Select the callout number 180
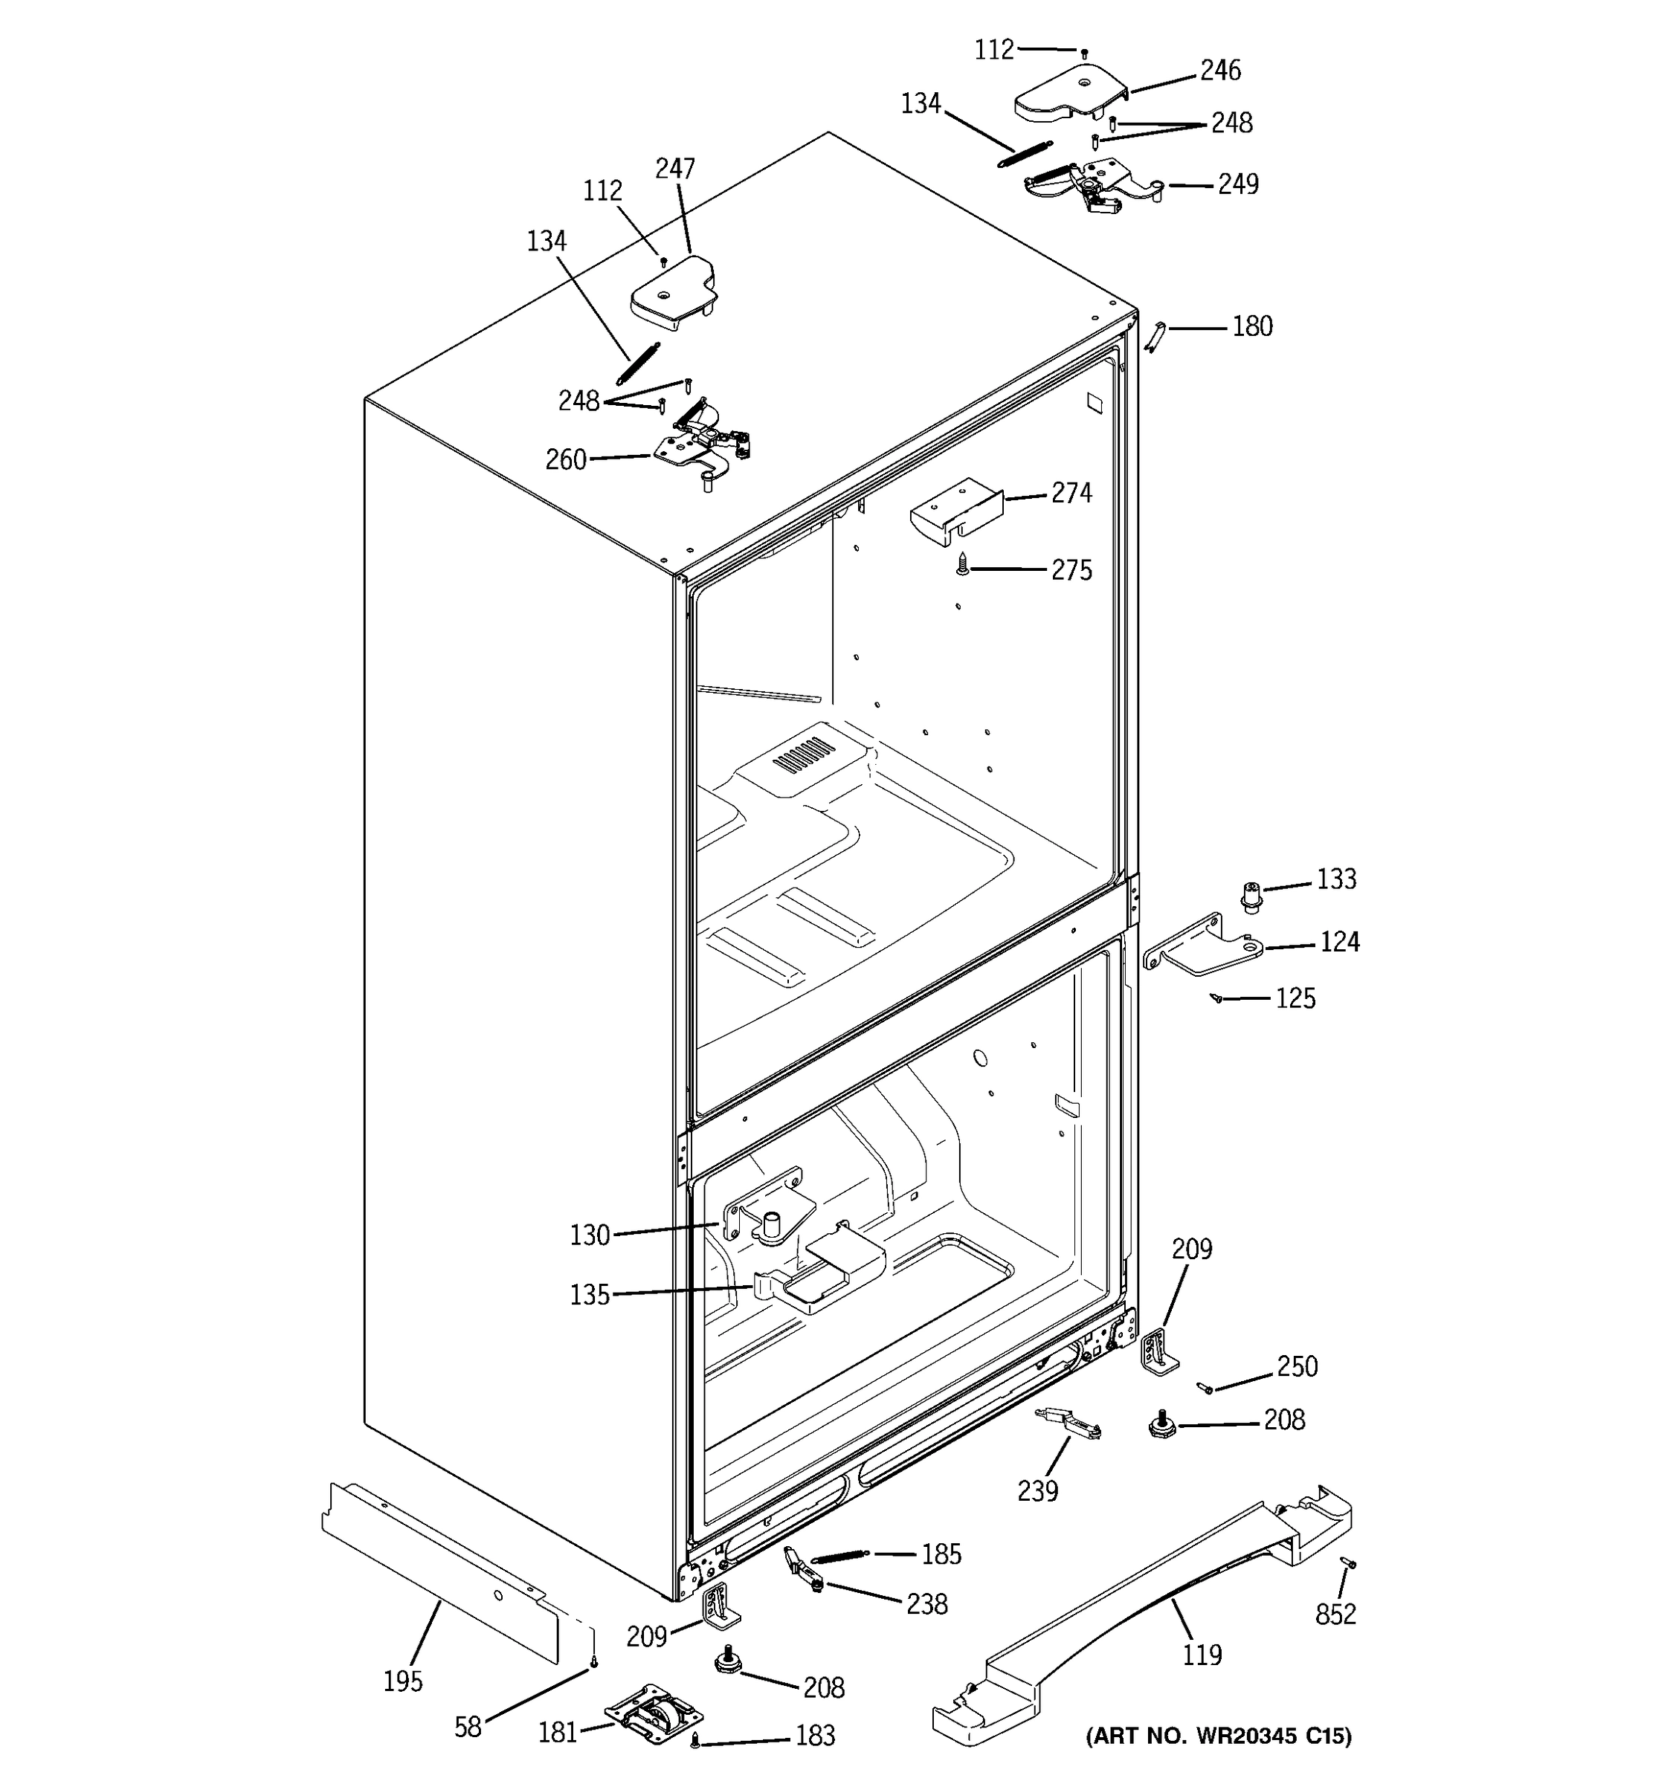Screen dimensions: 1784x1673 [x=1251, y=326]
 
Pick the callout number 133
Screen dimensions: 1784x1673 [x=1335, y=879]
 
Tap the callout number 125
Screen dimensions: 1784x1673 [x=1295, y=998]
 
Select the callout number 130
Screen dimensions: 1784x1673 [x=590, y=1235]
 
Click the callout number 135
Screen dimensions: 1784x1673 [x=590, y=1295]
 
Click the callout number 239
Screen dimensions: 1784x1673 [x=1037, y=1490]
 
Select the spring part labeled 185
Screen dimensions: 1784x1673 [x=840, y=1557]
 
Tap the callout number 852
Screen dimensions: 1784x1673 [x=1335, y=1615]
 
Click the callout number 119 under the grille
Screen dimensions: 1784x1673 [x=1202, y=1654]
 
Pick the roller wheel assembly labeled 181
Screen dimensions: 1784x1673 [x=654, y=1713]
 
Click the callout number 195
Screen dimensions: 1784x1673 [x=402, y=1681]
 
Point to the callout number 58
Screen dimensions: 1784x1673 [x=468, y=1728]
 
